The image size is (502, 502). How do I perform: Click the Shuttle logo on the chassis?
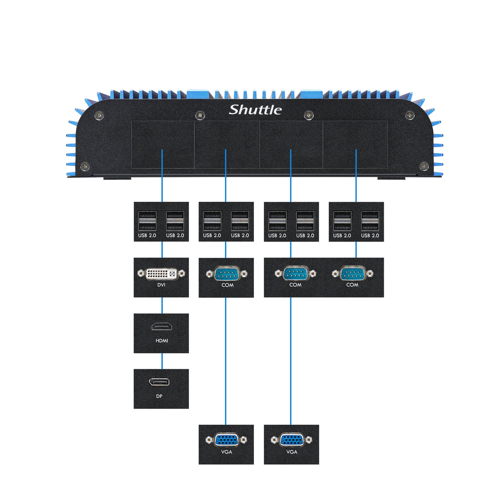[255, 110]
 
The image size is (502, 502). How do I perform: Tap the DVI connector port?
[161, 273]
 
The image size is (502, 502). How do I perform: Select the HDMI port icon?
[161, 327]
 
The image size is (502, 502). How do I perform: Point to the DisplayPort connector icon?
[159, 382]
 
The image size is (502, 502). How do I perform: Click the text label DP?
[159, 396]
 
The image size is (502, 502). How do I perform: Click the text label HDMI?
[162, 341]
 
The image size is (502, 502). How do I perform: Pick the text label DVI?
[161, 285]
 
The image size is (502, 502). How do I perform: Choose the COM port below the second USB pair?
[227, 273]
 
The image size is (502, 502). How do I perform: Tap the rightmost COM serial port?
[352, 273]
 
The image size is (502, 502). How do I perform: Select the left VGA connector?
[226, 440]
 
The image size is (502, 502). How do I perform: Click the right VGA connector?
[292, 440]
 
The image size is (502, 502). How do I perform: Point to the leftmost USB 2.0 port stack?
[147, 221]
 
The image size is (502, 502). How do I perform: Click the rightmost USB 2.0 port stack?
[370, 221]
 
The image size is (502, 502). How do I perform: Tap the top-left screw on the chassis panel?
[99, 115]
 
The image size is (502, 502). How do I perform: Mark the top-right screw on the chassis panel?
[410, 115]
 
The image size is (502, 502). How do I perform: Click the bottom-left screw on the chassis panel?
[85, 166]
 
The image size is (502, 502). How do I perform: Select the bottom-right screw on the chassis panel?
[424, 166]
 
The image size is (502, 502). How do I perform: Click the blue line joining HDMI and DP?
[162, 361]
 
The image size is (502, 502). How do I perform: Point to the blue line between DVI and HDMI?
[162, 305]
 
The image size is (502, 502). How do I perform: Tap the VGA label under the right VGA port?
[292, 452]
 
